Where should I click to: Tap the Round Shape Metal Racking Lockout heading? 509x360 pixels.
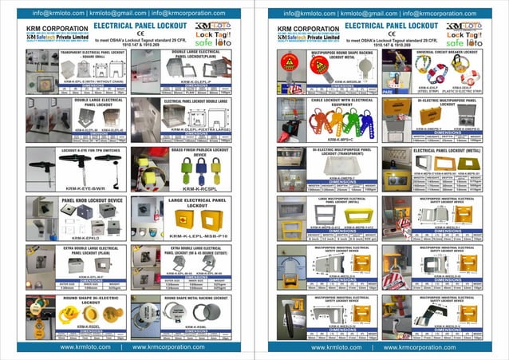[195, 297]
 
